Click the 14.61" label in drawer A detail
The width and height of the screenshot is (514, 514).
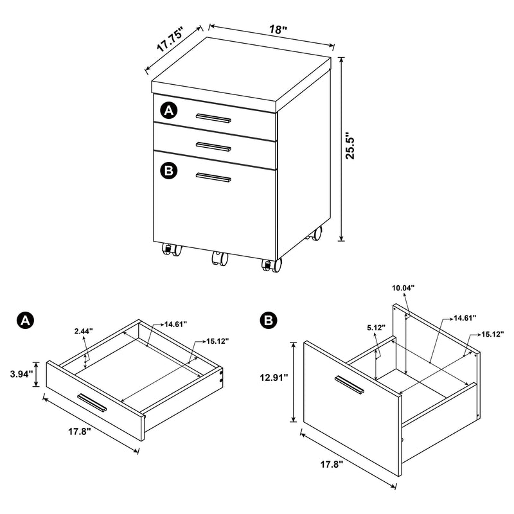click(175, 324)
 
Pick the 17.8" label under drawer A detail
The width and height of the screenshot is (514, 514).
click(78, 431)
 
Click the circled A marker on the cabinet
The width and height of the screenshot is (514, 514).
click(169, 111)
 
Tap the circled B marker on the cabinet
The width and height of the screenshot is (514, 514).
click(169, 170)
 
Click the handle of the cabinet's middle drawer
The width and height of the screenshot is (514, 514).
click(214, 146)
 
